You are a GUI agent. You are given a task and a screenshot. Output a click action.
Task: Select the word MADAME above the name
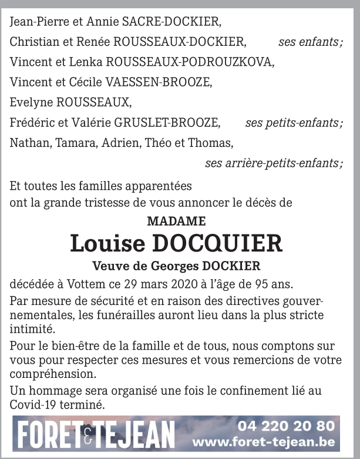(176, 222)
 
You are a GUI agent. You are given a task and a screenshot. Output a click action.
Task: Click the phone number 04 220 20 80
(286, 426)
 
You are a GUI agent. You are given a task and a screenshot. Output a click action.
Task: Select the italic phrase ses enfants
(310, 42)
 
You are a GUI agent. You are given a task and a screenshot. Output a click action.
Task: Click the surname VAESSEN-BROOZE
(162, 82)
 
